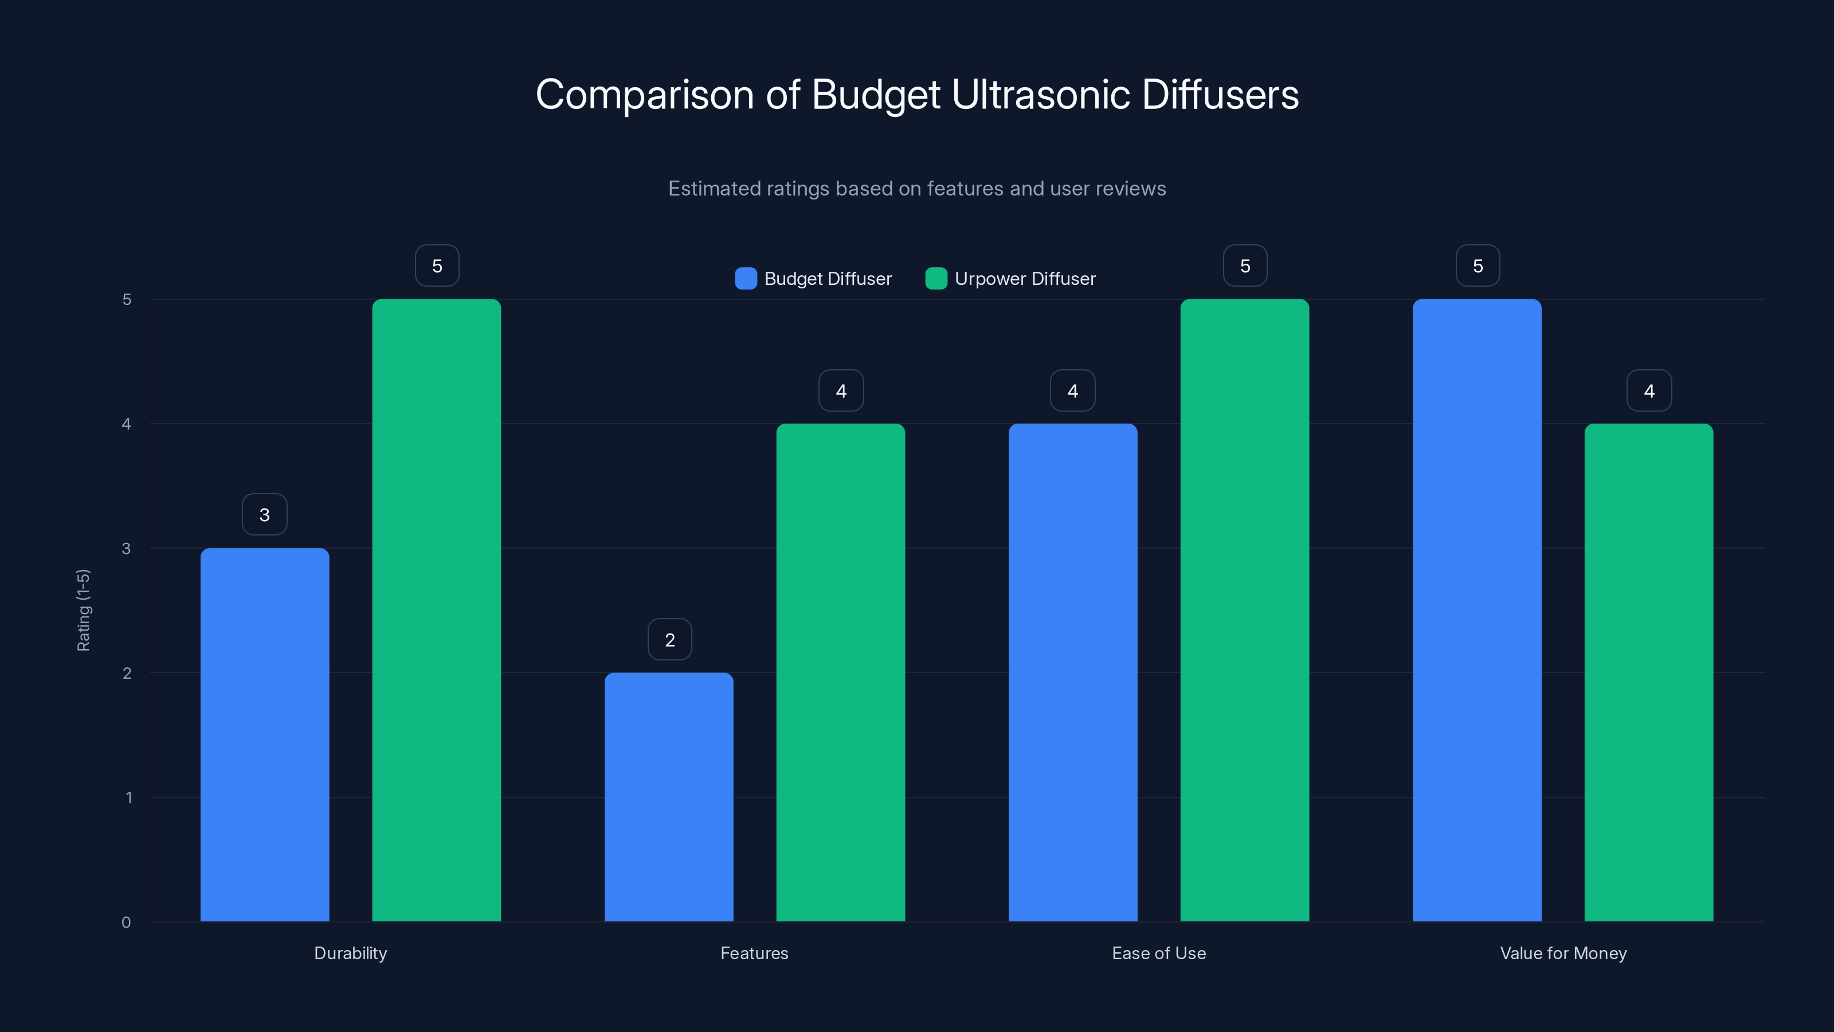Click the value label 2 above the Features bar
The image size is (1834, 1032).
tap(669, 640)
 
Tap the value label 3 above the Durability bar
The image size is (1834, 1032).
tap(264, 515)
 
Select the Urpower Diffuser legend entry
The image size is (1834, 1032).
tap(1010, 279)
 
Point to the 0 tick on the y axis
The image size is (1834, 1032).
tap(126, 922)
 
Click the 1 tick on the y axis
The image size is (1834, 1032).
tap(128, 798)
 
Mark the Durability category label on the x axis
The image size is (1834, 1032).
tap(350, 953)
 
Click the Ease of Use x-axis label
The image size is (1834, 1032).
tap(1158, 953)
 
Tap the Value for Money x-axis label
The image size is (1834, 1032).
tap(1563, 953)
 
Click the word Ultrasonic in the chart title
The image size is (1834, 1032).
tap(1040, 95)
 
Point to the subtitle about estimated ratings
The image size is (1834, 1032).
tap(916, 189)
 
